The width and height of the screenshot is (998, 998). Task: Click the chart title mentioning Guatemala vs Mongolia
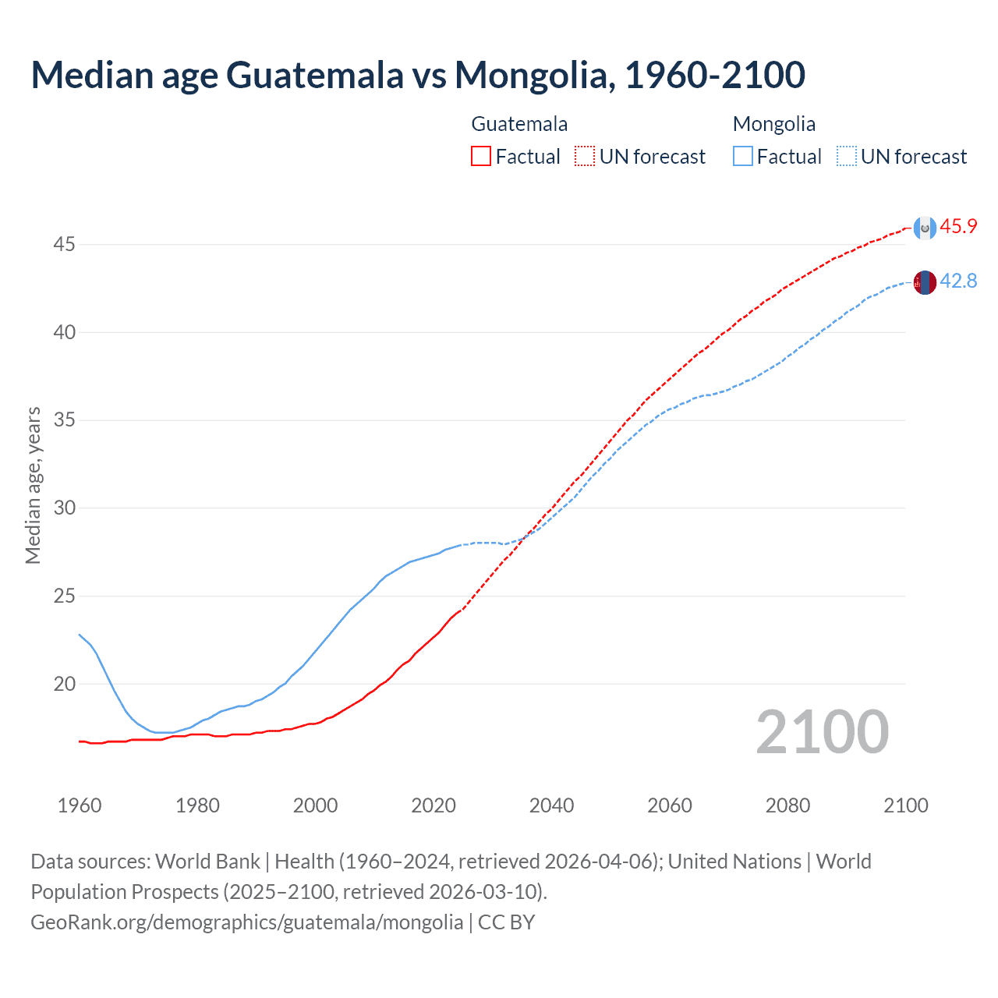tap(417, 75)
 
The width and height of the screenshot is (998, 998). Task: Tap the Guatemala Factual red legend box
tap(481, 157)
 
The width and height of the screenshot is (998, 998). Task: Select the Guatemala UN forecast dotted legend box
tap(585, 157)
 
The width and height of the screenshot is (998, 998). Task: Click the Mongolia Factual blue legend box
tap(742, 157)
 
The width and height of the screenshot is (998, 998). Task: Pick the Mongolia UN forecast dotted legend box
tap(846, 157)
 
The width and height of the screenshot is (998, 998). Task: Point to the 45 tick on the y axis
tap(64, 245)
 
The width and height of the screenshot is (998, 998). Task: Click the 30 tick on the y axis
tap(64, 508)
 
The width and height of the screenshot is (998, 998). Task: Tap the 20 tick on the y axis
tap(64, 685)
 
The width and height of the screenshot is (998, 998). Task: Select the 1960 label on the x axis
tap(80, 805)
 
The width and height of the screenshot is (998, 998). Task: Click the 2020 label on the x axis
tap(434, 805)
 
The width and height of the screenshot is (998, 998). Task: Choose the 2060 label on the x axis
tap(670, 805)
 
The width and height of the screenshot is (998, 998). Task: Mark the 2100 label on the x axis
tap(905, 805)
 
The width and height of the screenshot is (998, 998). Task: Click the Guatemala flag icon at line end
tap(925, 228)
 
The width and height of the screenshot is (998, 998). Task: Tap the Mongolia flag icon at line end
tap(925, 282)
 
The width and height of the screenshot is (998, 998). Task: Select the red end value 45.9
tap(958, 227)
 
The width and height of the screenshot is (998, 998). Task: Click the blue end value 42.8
tap(958, 281)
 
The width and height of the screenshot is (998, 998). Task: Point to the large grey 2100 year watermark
tap(822, 732)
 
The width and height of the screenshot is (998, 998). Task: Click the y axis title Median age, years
tap(33, 485)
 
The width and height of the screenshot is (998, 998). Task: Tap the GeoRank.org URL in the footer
tap(246, 922)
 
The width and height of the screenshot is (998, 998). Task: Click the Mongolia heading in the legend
tap(773, 124)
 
